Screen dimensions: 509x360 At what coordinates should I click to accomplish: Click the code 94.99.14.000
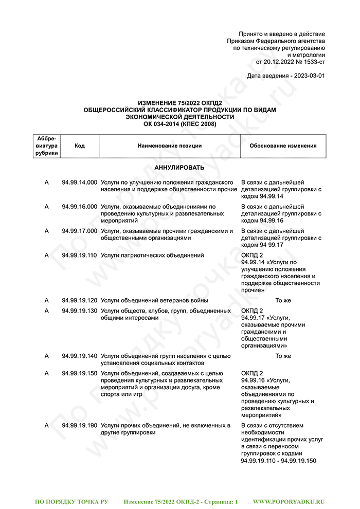point(79,182)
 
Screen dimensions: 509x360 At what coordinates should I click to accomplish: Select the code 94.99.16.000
point(79,207)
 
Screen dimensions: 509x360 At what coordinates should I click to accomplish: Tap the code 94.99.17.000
point(79,231)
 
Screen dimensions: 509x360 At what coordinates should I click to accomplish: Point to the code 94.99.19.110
point(79,255)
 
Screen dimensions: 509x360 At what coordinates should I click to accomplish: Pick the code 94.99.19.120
point(79,300)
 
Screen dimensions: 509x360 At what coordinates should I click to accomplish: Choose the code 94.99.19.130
point(79,311)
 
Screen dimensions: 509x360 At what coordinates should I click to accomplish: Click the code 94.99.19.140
point(79,356)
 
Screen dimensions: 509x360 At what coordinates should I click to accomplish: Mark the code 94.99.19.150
point(79,373)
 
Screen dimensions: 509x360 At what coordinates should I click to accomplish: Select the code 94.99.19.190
point(79,426)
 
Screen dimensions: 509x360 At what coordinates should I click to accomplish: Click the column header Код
point(79,146)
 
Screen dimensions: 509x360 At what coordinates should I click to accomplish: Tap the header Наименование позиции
point(170,146)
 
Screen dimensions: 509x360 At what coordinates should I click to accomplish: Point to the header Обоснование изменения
point(283,146)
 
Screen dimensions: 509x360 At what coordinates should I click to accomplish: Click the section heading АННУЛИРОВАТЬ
point(179,168)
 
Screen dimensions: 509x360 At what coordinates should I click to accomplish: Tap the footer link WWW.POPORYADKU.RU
point(289,501)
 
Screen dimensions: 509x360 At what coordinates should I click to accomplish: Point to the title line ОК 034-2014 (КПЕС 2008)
point(179,124)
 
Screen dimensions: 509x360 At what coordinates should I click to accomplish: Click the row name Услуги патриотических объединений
point(152,255)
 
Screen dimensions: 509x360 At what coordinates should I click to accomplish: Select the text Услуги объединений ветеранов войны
point(154,300)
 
